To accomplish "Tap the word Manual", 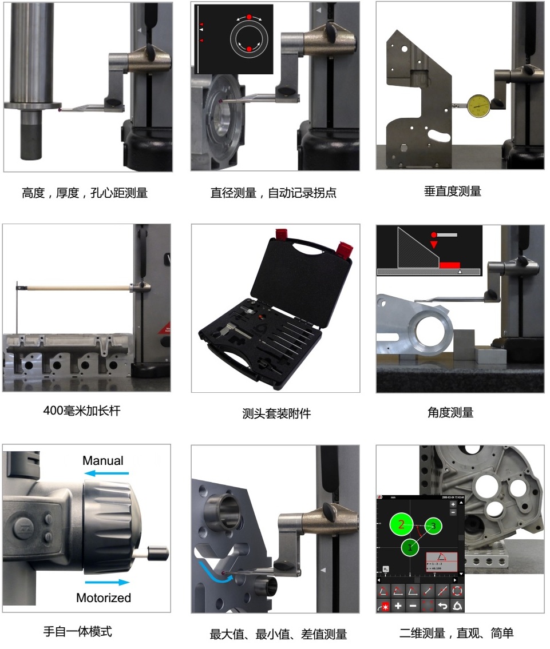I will [103, 460].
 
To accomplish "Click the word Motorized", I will [104, 598].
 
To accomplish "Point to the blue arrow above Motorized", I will [108, 582].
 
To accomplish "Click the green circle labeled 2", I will [402, 524].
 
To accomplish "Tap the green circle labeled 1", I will [410, 548].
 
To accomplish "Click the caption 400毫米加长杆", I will [82, 411].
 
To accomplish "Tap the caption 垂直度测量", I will [452, 192].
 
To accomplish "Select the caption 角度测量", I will [450, 412].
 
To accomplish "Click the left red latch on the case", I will [280, 234].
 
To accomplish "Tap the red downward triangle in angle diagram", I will [434, 245].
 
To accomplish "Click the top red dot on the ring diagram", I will [249, 17].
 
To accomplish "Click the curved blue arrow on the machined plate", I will [213, 576].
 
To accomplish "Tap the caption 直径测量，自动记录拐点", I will [274, 193].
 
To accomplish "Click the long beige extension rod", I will [77, 286].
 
